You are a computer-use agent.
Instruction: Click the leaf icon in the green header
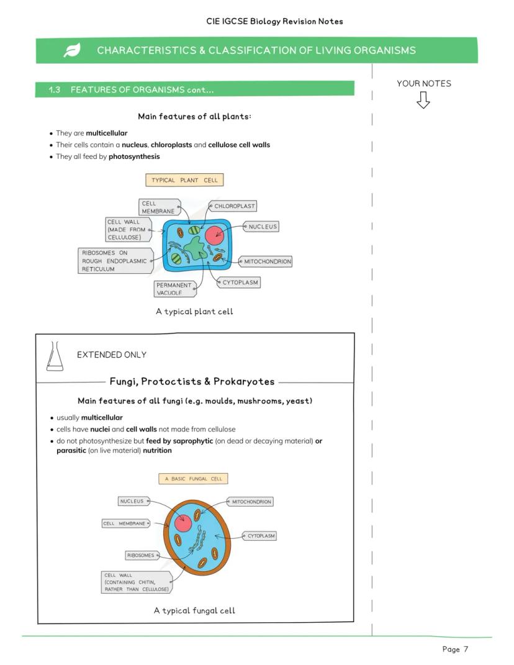point(72,51)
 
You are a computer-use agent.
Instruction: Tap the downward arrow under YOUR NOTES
point(423,100)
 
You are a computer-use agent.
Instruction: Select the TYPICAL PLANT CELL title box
point(184,180)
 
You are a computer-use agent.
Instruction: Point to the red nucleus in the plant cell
point(215,235)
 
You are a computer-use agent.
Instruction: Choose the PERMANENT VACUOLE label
point(174,289)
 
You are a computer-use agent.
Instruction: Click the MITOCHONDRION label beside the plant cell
point(267,262)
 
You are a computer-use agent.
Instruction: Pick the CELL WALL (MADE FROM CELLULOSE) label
point(127,230)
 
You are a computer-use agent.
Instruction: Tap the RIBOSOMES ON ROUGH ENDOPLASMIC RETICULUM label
point(114,261)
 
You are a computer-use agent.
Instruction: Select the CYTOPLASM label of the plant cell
point(240,283)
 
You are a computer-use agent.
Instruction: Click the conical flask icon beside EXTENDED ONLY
point(55,356)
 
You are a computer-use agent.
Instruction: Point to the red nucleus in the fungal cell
point(183,523)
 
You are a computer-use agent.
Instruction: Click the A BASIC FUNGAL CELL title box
point(194,479)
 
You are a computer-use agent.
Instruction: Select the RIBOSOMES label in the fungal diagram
point(140,555)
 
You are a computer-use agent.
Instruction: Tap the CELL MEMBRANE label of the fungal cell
point(125,523)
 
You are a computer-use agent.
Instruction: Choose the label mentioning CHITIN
point(136,582)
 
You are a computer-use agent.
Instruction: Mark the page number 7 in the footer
point(466,649)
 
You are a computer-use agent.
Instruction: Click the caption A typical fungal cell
point(194,610)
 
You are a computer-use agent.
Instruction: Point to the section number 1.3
point(55,90)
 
